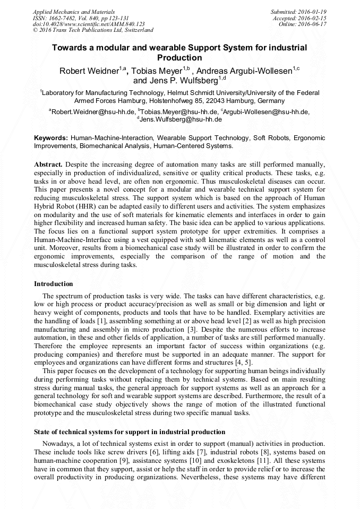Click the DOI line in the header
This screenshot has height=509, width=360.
pyautogui.click(x=89, y=24)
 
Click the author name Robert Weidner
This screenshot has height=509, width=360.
pyautogui.click(x=89, y=71)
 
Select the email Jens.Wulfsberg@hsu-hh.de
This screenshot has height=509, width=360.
pyautogui.click(x=181, y=119)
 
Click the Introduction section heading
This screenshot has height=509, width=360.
pyautogui.click(x=54, y=284)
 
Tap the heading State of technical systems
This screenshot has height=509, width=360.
pyautogui.click(x=130, y=432)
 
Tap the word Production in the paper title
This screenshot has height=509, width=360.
pyautogui.click(x=180, y=57)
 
